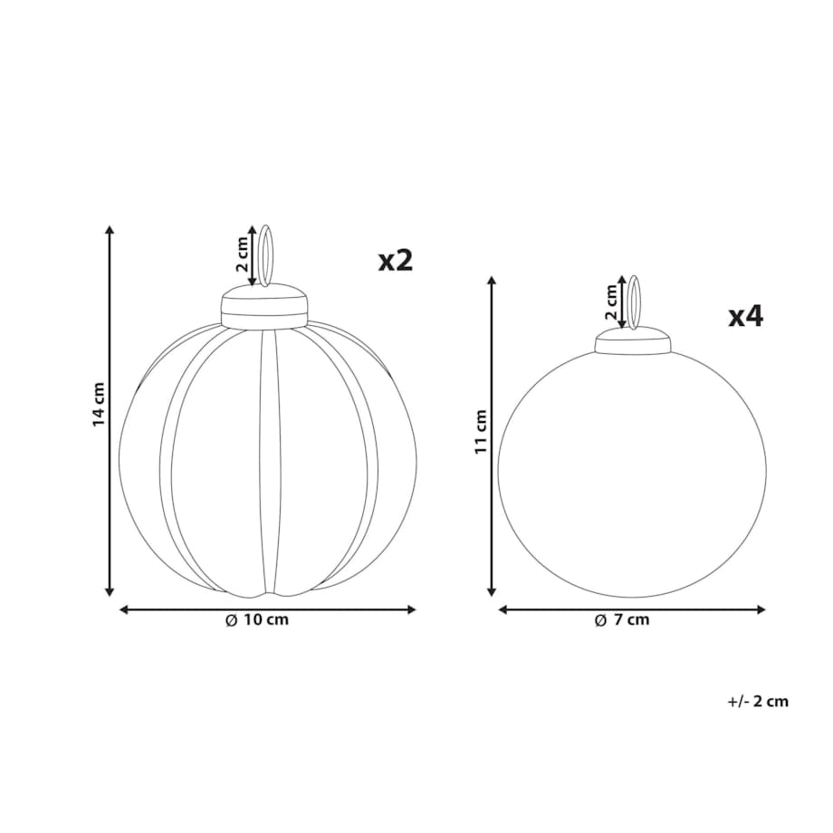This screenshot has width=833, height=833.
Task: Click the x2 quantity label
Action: pyautogui.click(x=396, y=261)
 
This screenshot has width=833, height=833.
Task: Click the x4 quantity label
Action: pyautogui.click(x=745, y=317)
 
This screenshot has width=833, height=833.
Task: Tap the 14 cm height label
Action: pyautogui.click(x=99, y=404)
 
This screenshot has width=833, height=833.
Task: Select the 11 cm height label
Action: pyautogui.click(x=481, y=431)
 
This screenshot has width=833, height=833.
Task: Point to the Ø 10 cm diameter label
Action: pyautogui.click(x=257, y=620)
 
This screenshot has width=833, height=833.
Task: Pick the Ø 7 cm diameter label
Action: pyautogui.click(x=622, y=620)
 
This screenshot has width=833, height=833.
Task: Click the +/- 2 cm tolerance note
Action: pyautogui.click(x=758, y=701)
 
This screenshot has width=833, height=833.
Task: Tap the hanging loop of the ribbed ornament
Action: pyautogui.click(x=264, y=256)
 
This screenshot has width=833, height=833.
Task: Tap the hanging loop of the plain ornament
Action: pyautogui.click(x=634, y=302)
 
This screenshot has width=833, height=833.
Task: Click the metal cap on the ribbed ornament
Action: pyautogui.click(x=264, y=307)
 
